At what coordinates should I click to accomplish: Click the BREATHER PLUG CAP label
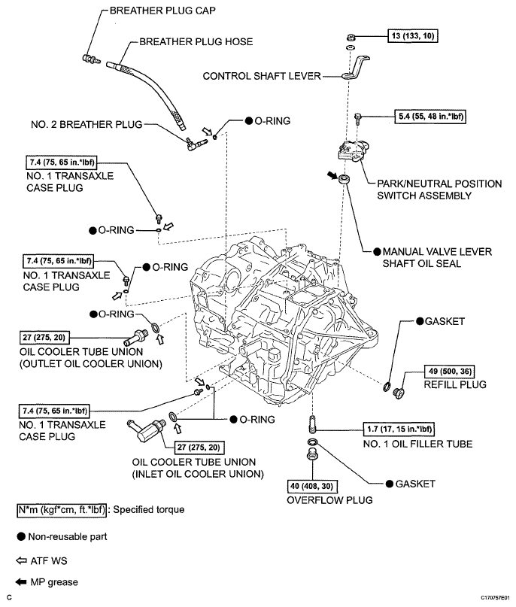pos(162,11)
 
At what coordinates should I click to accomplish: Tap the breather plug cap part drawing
pos(91,59)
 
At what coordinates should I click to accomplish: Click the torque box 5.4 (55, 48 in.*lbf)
pos(430,117)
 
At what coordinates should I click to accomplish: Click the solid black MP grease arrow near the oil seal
pos(332,175)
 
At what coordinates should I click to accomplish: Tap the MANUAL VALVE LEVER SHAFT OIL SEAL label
pos(437,258)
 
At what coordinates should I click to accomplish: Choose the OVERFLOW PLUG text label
pos(329,500)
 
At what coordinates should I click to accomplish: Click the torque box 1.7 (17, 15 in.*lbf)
pos(399,429)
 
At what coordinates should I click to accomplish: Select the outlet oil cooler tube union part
pos(135,338)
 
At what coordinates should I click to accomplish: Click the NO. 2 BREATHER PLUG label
pos(87,125)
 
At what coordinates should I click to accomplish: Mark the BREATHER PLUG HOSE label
pos(196,42)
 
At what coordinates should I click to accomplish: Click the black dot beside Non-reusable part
pos(21,536)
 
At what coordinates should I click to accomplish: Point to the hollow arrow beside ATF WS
pos(21,560)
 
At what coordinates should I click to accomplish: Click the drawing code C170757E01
pos(496,598)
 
